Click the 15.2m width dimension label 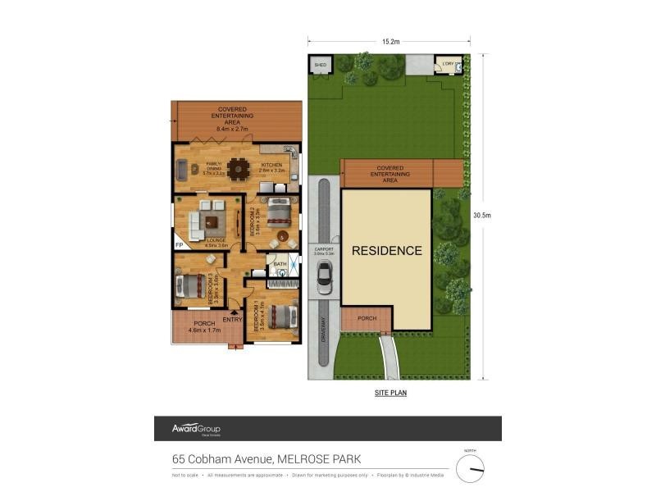tap(389, 41)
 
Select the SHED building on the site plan tap(320, 66)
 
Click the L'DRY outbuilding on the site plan tap(449, 66)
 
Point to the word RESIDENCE tap(386, 251)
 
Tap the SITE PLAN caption tap(389, 393)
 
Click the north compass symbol tap(471, 468)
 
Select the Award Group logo tap(195, 429)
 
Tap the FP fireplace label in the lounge tap(179, 244)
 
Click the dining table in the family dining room tap(239, 168)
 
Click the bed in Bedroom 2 tap(276, 211)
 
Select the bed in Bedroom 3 tap(191, 285)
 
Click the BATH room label tap(280, 264)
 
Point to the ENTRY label tap(232, 319)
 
